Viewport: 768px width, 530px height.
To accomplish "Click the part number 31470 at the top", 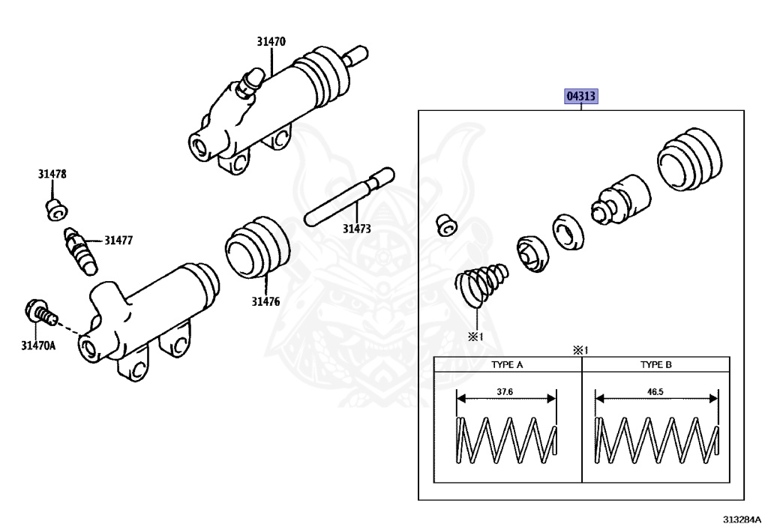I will (x=271, y=43).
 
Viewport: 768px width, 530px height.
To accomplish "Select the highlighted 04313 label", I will (x=580, y=97).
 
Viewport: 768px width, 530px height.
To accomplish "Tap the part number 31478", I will (x=52, y=174).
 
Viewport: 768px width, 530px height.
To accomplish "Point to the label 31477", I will (x=118, y=241).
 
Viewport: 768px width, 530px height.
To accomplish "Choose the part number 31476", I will (x=265, y=301).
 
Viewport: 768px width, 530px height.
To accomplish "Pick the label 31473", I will (x=357, y=229).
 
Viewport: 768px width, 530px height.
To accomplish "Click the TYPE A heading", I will (x=507, y=365).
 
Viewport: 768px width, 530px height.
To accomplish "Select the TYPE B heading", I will (x=656, y=365).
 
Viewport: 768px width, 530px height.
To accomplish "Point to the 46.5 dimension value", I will (x=656, y=392).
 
